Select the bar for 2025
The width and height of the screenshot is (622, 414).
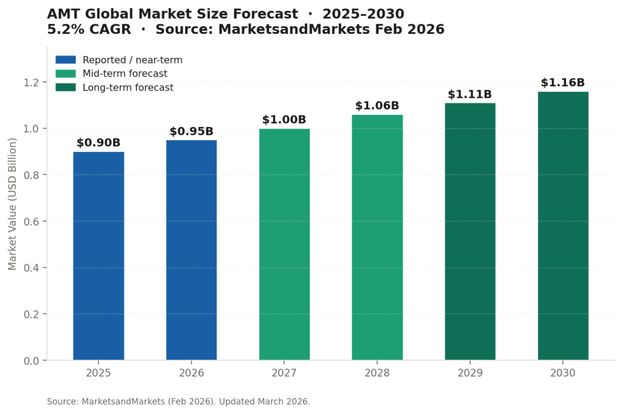coord(98,255)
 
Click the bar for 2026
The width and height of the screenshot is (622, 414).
coord(191,250)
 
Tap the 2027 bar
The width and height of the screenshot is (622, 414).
coord(284,244)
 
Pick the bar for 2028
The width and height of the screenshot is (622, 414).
coord(377,237)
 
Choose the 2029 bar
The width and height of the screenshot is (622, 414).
coord(470,231)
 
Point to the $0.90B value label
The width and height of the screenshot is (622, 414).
coord(98,143)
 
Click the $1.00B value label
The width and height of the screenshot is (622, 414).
coord(284,120)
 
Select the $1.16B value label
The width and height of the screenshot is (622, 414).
coord(563,83)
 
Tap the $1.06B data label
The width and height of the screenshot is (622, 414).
coord(377,106)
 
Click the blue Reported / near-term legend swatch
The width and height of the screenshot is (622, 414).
coord(66,60)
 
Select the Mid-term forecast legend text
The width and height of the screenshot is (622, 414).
coord(125,74)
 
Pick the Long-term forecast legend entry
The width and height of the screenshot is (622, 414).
coord(128,88)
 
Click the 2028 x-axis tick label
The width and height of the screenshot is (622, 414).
coord(377,373)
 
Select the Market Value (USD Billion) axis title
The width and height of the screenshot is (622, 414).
coord(13,204)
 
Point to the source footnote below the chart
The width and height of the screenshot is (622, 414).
coord(179,401)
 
